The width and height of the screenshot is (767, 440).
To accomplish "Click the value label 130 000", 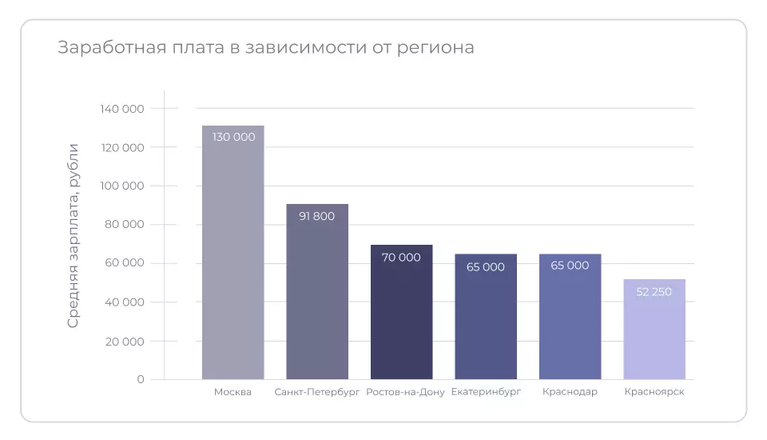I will (233, 137).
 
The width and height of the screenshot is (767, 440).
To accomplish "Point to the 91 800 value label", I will (317, 216).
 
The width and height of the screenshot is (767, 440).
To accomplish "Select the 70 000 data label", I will (401, 258).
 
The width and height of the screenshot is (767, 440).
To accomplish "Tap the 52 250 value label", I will (654, 292).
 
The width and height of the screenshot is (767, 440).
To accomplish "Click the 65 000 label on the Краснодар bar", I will (570, 266).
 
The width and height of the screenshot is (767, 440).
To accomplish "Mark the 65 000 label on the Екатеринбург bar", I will (486, 266).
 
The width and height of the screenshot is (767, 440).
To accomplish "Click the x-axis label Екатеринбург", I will (486, 392).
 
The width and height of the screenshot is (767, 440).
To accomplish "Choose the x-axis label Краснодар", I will (570, 392).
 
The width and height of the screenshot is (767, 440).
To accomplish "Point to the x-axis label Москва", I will (232, 392).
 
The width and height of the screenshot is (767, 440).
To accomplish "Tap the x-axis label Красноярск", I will (654, 392).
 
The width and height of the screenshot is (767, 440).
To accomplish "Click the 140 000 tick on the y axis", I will (122, 109).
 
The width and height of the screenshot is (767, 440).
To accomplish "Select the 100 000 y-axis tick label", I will (122, 186).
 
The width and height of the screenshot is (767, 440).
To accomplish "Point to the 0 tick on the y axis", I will (141, 379).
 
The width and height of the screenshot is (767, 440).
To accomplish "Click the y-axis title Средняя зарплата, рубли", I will (74, 235).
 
